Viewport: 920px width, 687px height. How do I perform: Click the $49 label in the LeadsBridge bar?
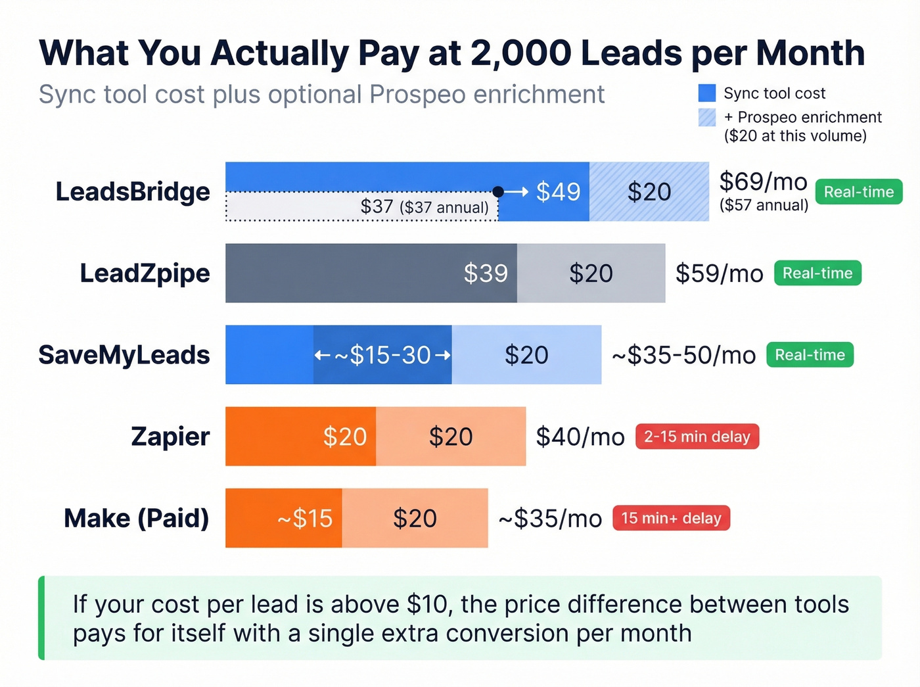tap(558, 192)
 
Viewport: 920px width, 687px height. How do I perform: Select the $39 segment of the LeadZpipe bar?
tap(371, 273)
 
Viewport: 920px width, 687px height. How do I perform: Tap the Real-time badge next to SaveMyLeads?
tap(810, 355)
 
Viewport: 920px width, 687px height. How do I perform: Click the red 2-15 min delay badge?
tap(697, 437)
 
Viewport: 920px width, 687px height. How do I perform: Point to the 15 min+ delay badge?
tap(671, 518)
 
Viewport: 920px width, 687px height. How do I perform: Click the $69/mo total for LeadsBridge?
tap(763, 181)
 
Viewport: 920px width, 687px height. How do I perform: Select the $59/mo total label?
tap(719, 273)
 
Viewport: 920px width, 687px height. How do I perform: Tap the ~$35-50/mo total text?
tap(683, 355)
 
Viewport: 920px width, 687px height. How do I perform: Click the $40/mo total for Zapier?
tap(580, 437)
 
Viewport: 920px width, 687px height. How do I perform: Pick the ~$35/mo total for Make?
tap(550, 518)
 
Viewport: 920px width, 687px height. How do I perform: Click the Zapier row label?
tap(170, 437)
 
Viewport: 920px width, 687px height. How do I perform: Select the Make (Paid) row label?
tap(137, 518)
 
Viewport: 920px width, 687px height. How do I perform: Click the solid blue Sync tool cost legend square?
tap(707, 93)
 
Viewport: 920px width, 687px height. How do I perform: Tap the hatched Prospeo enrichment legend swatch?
tap(707, 117)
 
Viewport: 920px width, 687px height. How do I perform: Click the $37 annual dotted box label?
tap(425, 207)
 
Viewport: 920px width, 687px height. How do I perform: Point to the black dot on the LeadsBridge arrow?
tap(498, 191)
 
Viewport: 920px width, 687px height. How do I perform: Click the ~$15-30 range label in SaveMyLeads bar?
tap(382, 355)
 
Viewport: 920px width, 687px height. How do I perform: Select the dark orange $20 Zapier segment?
tap(301, 437)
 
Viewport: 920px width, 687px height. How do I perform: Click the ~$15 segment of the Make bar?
tap(284, 518)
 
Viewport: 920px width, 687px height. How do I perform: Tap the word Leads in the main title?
tap(631, 53)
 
